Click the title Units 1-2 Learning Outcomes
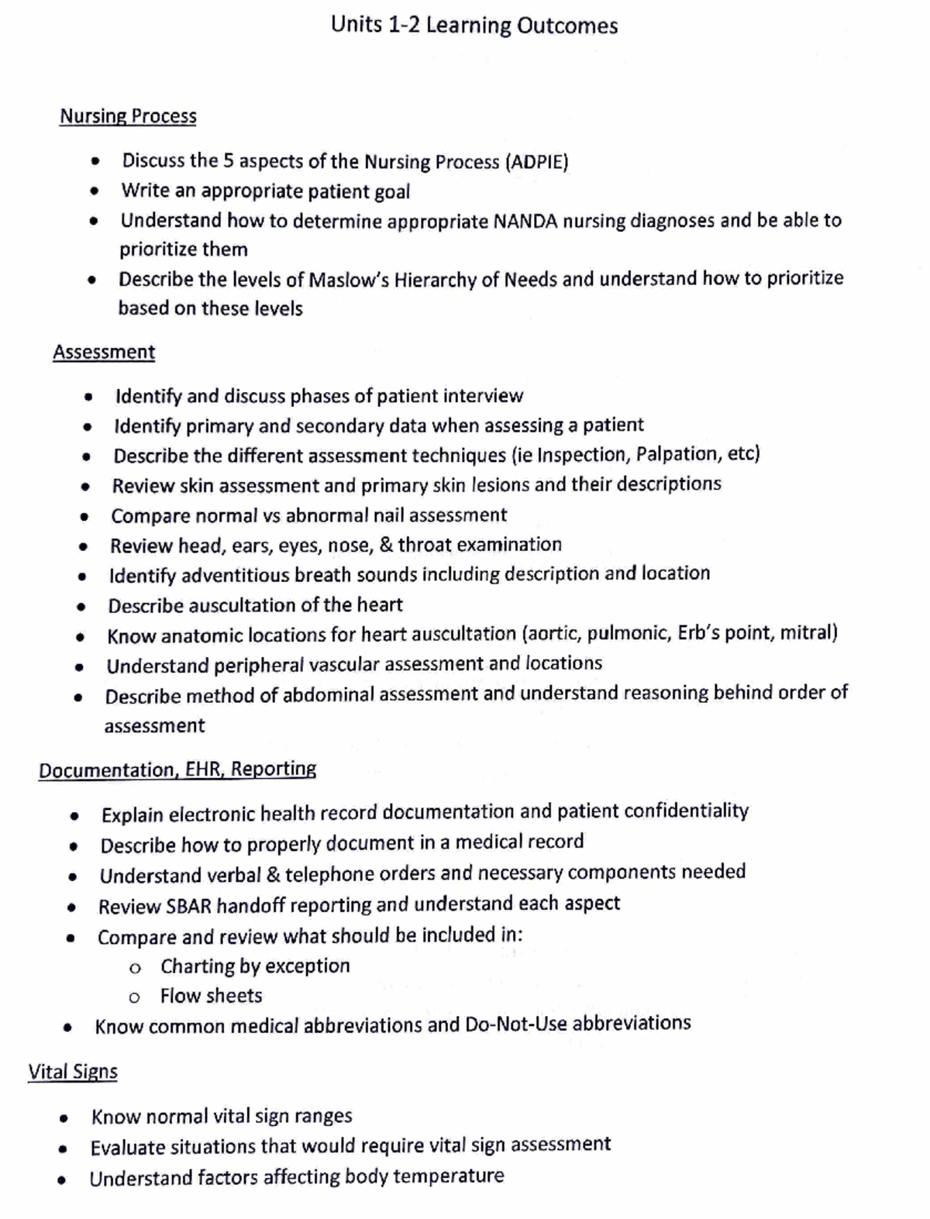[x=474, y=26]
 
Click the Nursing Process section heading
[x=128, y=116]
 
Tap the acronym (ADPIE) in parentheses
[x=536, y=162]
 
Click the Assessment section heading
[x=104, y=353]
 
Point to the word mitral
[x=808, y=633]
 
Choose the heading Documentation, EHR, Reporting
[x=177, y=770]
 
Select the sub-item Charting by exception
[x=255, y=966]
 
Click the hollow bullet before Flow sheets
[x=135, y=997]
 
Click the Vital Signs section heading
[x=73, y=1073]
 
